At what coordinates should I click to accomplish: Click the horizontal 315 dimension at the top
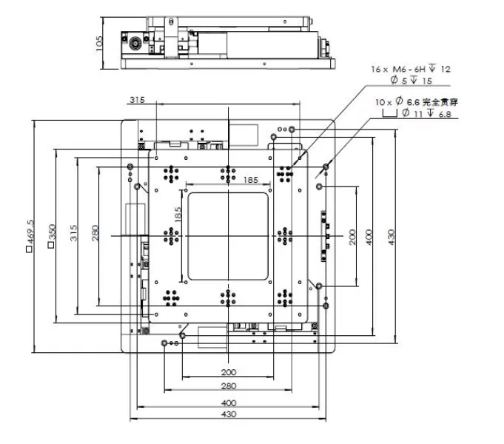[136, 100]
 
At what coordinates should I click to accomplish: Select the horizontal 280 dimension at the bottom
[229, 386]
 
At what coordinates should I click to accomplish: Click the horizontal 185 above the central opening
[229, 180]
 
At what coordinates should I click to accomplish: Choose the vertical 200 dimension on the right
[351, 235]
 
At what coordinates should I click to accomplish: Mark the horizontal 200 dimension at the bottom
[229, 372]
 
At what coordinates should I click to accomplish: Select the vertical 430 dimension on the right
[392, 235]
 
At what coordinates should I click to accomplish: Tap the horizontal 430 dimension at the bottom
[229, 415]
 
